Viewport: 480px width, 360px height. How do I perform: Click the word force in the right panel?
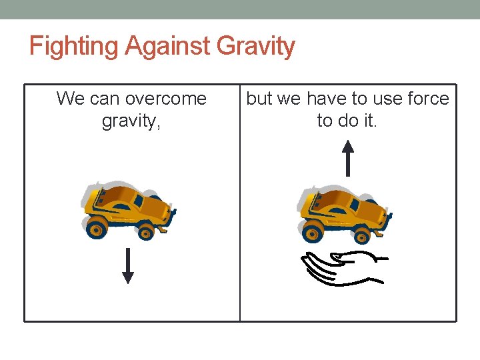[x=428, y=99]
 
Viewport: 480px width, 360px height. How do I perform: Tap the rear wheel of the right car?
[x=312, y=233]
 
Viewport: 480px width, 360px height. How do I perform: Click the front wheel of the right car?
[x=361, y=234]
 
